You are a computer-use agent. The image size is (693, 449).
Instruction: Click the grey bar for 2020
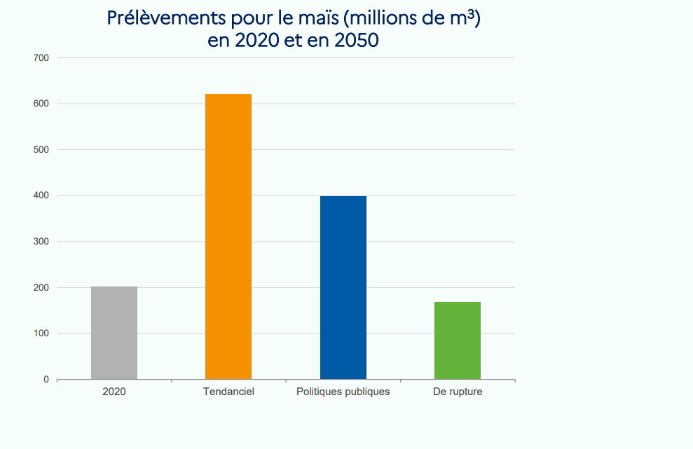(114, 333)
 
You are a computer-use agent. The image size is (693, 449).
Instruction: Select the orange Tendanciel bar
(228, 237)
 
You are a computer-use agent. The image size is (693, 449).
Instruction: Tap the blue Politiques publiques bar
(343, 287)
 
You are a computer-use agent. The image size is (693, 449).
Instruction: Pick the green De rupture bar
(458, 340)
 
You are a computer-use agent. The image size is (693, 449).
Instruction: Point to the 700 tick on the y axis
(41, 57)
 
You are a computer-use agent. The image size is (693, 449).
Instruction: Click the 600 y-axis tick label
(41, 104)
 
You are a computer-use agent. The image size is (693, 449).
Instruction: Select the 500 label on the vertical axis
(41, 150)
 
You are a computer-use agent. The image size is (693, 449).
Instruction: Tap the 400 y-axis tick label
(41, 195)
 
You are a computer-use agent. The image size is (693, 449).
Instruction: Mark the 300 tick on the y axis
(41, 242)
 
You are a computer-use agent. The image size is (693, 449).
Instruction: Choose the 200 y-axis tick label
(41, 288)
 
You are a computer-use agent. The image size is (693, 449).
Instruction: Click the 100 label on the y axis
(41, 333)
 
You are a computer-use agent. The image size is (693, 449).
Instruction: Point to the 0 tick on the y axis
(46, 380)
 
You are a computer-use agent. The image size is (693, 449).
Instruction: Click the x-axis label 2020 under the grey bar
(114, 392)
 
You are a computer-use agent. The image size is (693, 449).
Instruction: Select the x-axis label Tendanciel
(228, 392)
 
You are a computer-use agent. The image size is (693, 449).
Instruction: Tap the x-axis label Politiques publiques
(343, 392)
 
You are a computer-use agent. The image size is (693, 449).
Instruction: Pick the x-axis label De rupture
(458, 392)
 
